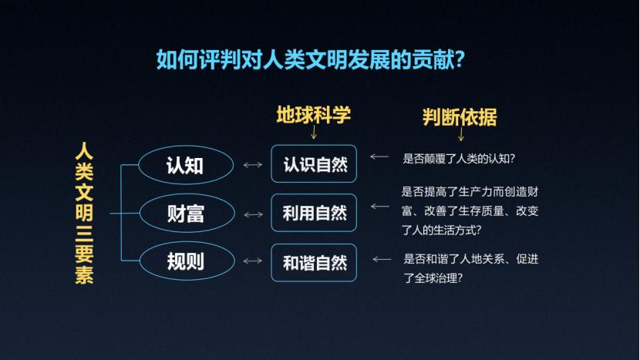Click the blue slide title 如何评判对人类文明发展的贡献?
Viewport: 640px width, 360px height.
pyautogui.click(x=310, y=59)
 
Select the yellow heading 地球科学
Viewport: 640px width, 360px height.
pyautogui.click(x=314, y=115)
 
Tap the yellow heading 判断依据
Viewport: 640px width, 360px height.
pyautogui.click(x=460, y=117)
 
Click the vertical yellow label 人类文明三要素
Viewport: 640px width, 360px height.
pyautogui.click(x=84, y=213)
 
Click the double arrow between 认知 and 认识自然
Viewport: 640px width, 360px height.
pyautogui.click(x=253, y=165)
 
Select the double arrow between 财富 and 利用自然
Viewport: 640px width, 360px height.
pyautogui.click(x=253, y=215)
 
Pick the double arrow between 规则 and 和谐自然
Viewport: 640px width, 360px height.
pyautogui.click(x=253, y=261)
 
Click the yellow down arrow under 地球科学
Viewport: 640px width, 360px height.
pyautogui.click(x=314, y=132)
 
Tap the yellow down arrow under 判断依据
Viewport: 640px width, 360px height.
pyautogui.click(x=461, y=134)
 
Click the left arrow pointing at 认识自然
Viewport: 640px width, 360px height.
pyautogui.click(x=379, y=156)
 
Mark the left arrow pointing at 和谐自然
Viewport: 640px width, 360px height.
pyautogui.click(x=382, y=259)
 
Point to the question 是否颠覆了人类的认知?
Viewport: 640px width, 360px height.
pyautogui.click(x=459, y=159)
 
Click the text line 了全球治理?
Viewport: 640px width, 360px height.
pyautogui.click(x=433, y=278)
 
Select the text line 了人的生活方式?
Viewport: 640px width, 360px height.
pyautogui.click(x=441, y=230)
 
